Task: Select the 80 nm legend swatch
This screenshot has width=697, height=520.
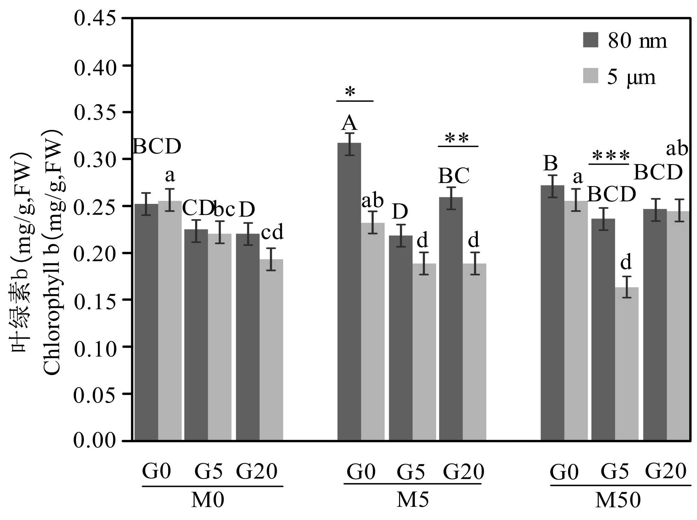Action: pos(590,40)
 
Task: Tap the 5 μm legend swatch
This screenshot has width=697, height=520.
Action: pos(590,76)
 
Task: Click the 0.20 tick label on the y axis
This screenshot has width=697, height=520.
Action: pos(95,253)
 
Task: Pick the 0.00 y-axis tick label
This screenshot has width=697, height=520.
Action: pos(95,441)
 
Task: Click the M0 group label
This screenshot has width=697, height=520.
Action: pos(208,500)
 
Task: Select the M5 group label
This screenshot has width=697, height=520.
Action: pos(413,500)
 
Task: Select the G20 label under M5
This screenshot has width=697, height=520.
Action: pos(464,472)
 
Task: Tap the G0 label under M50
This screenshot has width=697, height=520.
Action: pos(564,473)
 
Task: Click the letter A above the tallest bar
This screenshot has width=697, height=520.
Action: pos(349,123)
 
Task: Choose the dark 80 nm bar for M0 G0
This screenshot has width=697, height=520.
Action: pos(146,322)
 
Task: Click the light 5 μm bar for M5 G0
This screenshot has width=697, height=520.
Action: pos(373,331)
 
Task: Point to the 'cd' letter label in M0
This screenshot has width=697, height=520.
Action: pos(272,233)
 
